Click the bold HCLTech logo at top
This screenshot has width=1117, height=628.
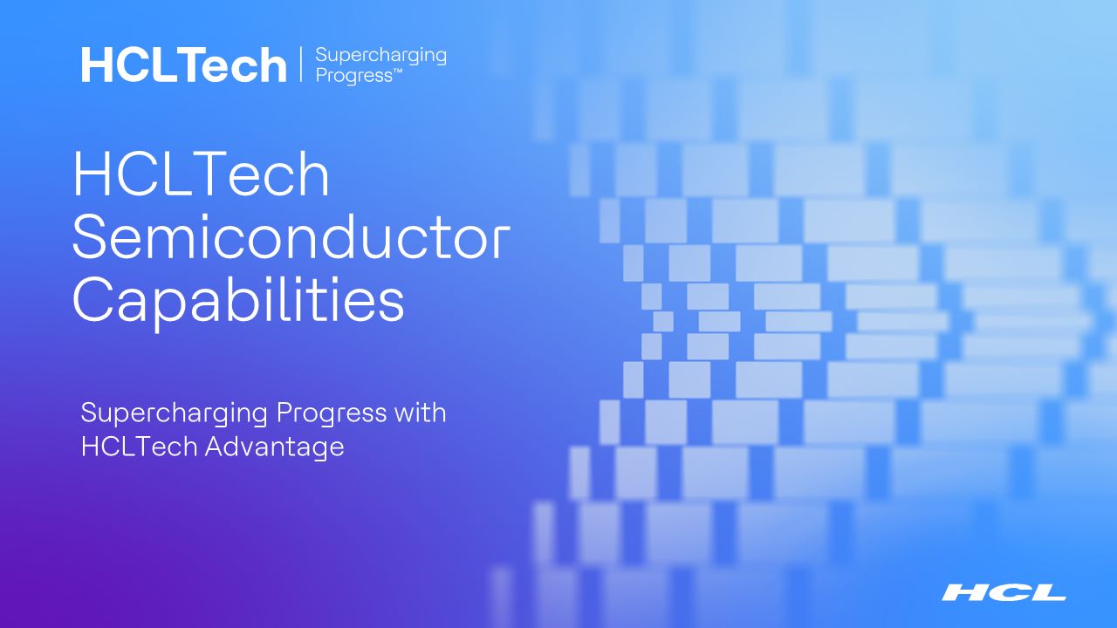[183, 65]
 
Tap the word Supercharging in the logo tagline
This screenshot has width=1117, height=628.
[380, 57]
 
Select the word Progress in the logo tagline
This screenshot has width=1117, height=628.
[353, 76]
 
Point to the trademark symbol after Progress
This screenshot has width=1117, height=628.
[398, 72]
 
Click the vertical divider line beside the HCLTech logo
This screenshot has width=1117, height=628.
[301, 65]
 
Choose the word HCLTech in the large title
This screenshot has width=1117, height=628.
[201, 174]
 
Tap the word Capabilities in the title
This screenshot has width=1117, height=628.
[237, 301]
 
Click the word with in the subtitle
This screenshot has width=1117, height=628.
[420, 412]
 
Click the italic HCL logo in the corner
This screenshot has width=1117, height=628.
[1004, 593]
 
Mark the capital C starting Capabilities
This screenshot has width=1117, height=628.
[93, 301]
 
